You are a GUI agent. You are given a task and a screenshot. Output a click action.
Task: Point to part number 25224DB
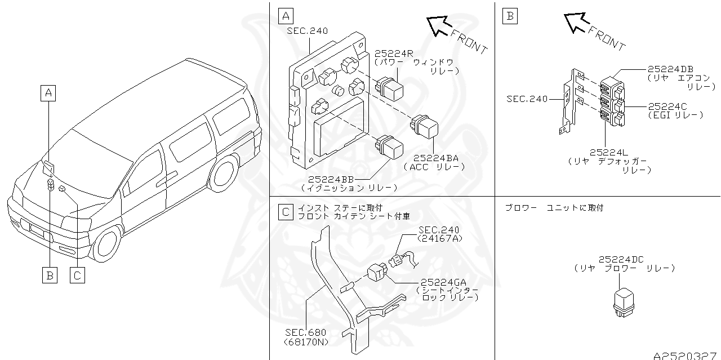click(x=670, y=68)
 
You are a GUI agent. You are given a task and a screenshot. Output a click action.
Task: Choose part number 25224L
click(x=609, y=152)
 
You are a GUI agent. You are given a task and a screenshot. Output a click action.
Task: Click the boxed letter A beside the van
click(x=49, y=92)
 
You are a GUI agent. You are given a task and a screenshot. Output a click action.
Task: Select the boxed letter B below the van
click(x=50, y=275)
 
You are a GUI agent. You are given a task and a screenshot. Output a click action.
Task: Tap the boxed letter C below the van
click(x=77, y=275)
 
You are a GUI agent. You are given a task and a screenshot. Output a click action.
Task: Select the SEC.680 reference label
click(x=305, y=332)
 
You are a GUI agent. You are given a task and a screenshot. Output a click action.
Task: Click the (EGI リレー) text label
click(x=675, y=115)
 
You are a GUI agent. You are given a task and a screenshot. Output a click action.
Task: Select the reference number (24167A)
click(x=438, y=238)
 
